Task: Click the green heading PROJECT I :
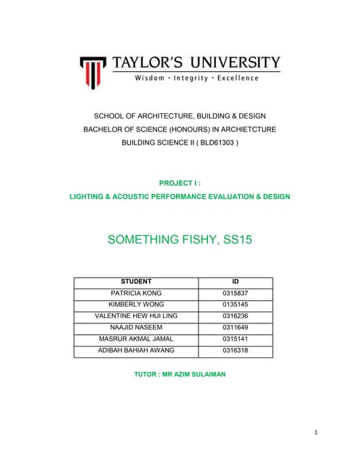[x=179, y=184]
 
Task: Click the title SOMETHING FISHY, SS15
[x=180, y=238]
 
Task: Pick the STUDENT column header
[x=135, y=281]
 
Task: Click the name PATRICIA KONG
[x=136, y=293]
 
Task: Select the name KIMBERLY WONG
[x=136, y=304]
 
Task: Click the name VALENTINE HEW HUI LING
[x=136, y=315]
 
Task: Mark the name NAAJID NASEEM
[x=136, y=327]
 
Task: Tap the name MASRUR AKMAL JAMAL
[x=136, y=339]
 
